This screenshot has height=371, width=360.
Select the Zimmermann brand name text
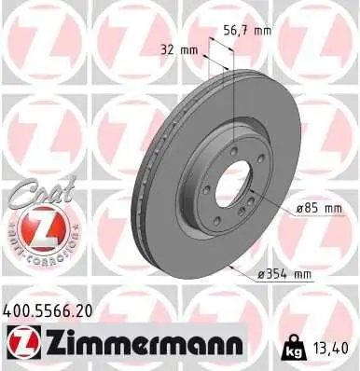click(x=149, y=344)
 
